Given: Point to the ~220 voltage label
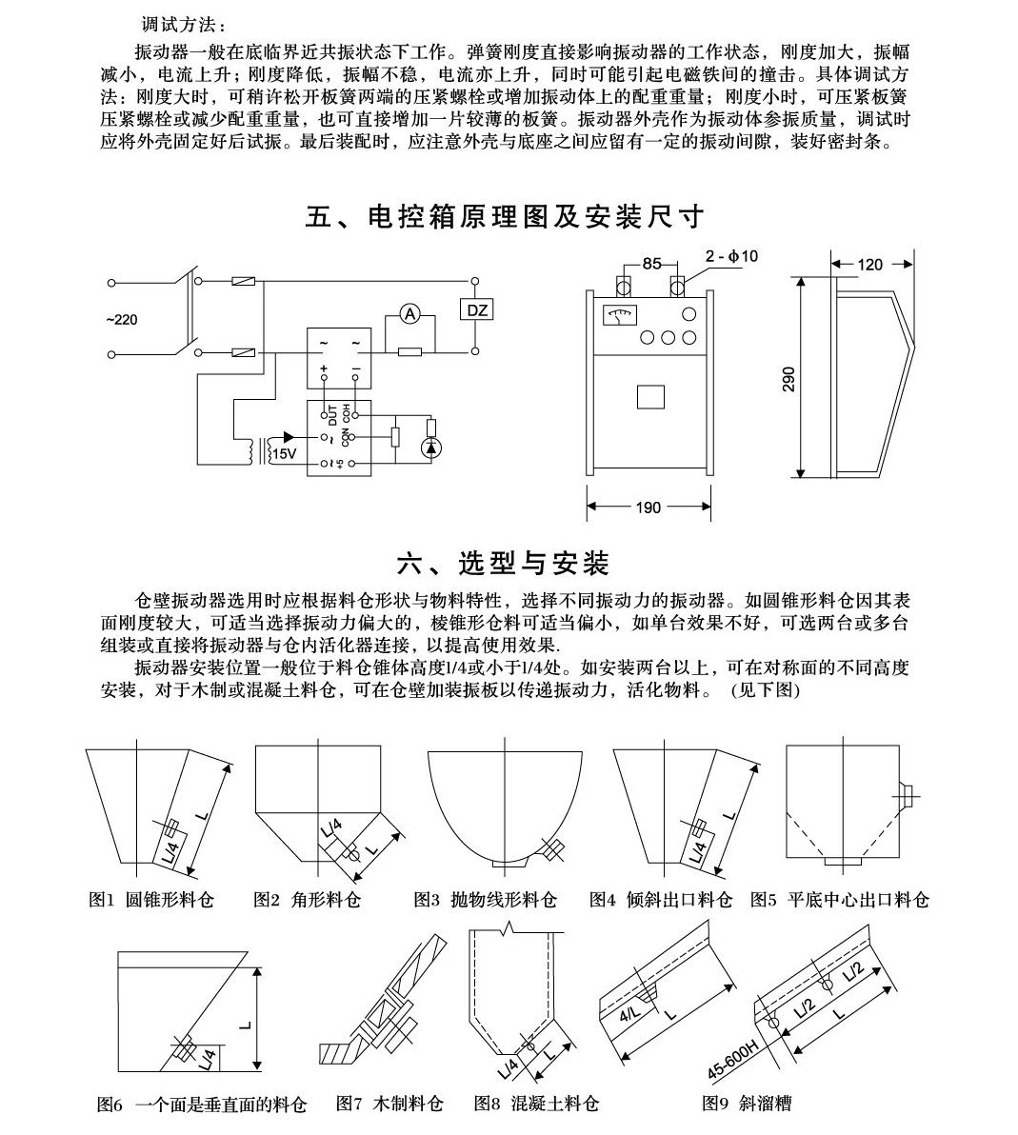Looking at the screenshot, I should (x=122, y=319).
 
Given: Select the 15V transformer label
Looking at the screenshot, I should (x=284, y=454).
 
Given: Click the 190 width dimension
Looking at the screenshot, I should (x=648, y=508).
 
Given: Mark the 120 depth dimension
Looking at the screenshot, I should (x=870, y=264).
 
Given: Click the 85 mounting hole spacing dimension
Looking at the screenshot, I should (x=651, y=264).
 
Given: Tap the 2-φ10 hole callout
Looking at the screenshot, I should (x=731, y=255).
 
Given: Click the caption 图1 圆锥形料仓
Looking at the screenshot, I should (x=151, y=899).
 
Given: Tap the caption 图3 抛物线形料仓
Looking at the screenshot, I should (x=485, y=899).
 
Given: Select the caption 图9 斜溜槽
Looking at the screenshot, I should (x=746, y=1105).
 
